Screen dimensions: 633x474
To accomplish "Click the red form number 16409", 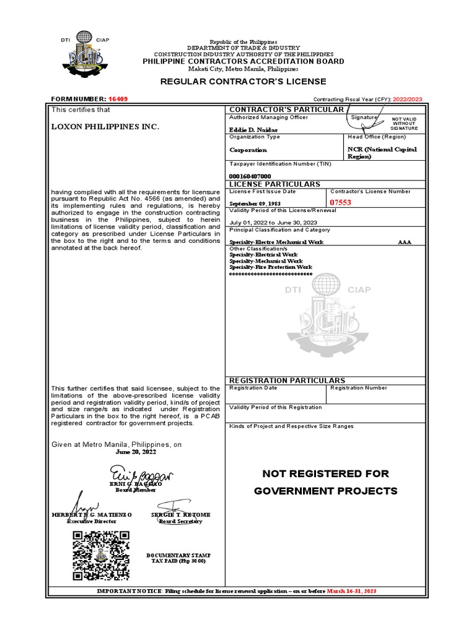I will point(118,99).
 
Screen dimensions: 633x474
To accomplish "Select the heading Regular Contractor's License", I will point(243,82).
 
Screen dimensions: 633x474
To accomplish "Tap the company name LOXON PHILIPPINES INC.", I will point(105,127).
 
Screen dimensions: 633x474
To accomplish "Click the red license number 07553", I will point(340,202).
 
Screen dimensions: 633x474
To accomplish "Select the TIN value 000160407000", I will point(250,176).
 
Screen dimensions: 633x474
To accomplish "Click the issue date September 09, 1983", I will point(254,203).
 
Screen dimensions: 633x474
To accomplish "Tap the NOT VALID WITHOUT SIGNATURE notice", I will point(405,123).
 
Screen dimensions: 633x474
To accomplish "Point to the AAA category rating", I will point(404,242).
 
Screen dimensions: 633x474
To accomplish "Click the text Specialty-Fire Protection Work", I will point(271,267).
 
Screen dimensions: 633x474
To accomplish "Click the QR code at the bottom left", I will point(101,555).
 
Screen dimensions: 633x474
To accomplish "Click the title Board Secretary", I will point(180,521).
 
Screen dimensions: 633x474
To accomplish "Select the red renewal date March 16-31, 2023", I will point(351,592).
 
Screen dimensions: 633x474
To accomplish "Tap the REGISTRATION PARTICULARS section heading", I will point(279,380).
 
